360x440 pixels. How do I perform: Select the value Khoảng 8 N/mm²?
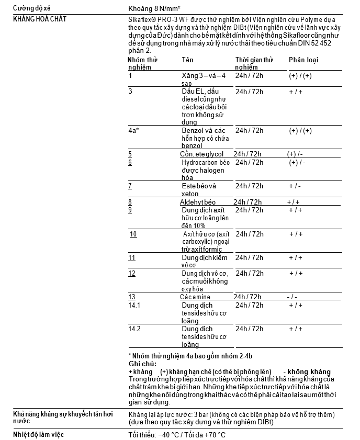coord(155,8)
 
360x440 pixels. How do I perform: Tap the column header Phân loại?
coord(303,60)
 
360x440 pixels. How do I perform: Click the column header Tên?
coord(187,60)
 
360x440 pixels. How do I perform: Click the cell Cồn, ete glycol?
coord(201,154)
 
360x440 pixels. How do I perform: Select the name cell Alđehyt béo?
coord(198,202)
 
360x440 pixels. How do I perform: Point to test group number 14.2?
coord(134,329)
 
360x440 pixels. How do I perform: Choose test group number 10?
coord(133,234)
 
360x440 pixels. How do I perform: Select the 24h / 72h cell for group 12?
coord(249,274)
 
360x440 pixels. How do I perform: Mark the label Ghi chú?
coord(142,364)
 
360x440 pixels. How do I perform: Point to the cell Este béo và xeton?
coord(198,190)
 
